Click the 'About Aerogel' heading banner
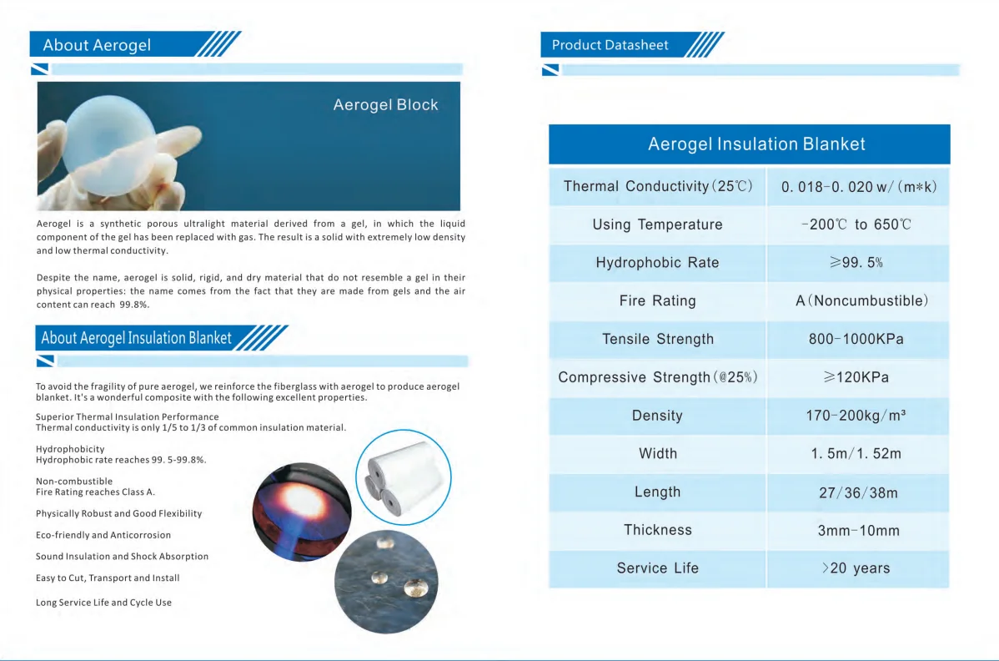click(98, 45)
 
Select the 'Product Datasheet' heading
click(610, 45)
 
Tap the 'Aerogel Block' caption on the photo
click(385, 105)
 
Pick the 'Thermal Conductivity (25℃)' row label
click(658, 186)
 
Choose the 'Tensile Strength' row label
click(658, 339)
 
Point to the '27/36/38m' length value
click(858, 492)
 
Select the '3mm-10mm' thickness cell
click(858, 531)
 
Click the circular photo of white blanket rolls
click(403, 477)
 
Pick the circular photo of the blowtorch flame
click(302, 511)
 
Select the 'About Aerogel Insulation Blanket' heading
click(137, 338)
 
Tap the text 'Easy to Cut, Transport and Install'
click(108, 578)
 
